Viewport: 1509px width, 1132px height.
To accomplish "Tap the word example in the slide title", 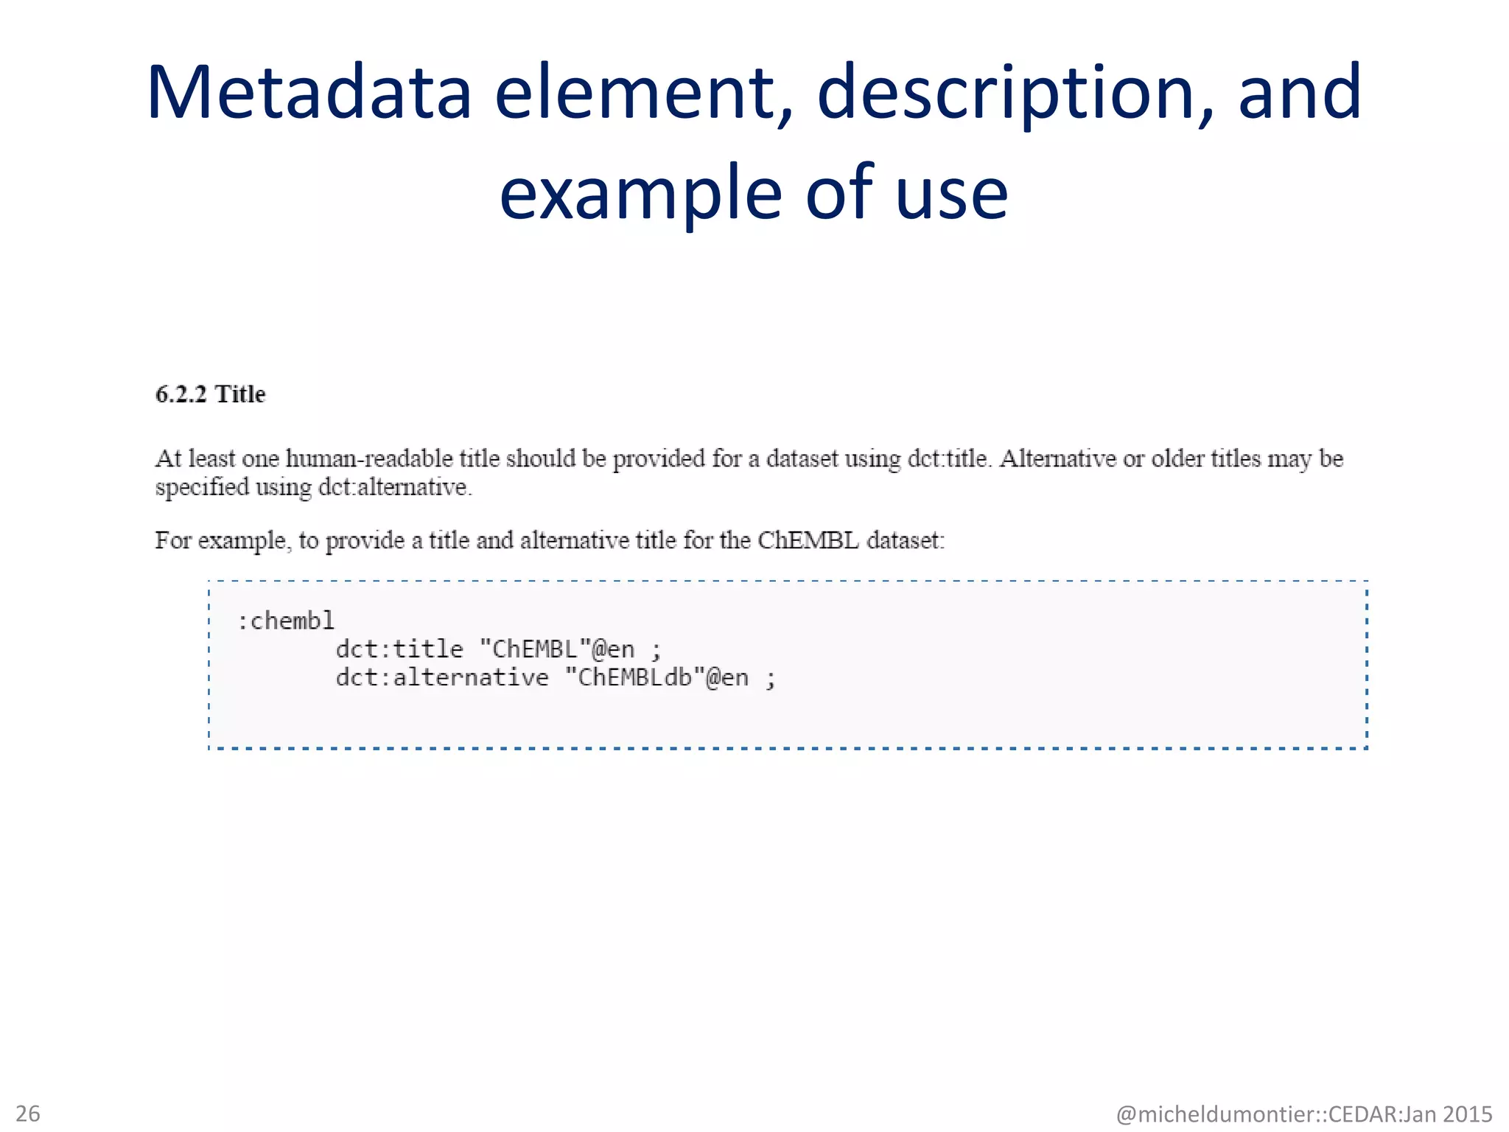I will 640,193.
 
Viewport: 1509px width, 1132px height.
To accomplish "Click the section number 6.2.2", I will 181,394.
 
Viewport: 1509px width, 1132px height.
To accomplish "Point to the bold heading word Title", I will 240,394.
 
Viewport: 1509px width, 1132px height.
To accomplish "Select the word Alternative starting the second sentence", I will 1057,458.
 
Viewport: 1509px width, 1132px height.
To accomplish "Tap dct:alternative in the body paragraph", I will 393,487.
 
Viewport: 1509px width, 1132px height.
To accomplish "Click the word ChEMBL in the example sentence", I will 808,540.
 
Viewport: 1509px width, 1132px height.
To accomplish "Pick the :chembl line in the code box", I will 286,621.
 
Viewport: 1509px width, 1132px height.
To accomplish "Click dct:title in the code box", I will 399,649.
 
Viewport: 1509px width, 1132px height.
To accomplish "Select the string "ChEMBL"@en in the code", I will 557,649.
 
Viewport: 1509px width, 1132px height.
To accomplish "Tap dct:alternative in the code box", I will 442,677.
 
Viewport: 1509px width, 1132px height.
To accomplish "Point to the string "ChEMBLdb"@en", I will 657,677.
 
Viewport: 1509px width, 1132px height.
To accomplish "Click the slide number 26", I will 28,1113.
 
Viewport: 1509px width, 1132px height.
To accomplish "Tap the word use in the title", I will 952,193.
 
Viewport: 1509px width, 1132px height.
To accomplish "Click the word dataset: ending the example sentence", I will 906,540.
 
